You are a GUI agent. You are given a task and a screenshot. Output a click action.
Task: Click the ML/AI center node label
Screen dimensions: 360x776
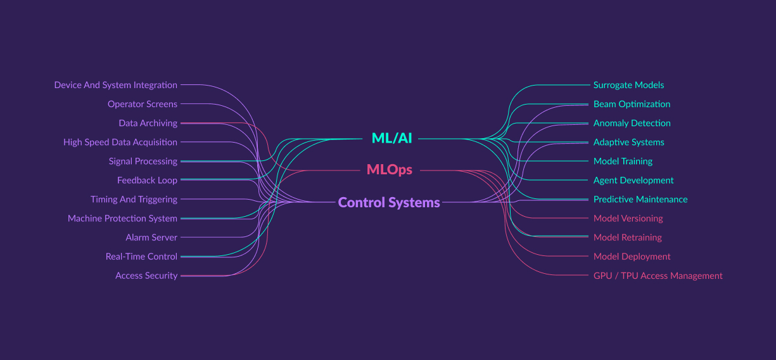391,138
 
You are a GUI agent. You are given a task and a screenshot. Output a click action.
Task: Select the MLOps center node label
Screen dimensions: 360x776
389,170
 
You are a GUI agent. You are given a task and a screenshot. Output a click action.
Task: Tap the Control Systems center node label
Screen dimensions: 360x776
389,203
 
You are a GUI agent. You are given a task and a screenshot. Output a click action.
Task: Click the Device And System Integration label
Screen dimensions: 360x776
116,85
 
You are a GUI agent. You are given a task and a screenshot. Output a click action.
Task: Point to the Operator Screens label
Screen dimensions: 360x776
143,104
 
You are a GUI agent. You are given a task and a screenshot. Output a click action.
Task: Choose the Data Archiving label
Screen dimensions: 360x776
148,123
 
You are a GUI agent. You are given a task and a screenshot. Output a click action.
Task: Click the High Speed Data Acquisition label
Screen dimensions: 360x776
120,142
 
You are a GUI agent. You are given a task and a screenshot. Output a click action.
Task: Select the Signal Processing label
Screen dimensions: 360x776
143,161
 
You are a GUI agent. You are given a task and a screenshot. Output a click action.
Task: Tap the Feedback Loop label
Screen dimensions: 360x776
147,180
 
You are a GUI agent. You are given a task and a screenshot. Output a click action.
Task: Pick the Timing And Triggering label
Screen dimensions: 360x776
134,199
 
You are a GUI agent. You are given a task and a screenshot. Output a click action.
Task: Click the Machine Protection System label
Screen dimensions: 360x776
122,218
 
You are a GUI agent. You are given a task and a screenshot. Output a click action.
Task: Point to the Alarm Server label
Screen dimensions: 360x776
151,237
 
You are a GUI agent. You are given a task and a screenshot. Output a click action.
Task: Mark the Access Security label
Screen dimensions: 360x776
146,276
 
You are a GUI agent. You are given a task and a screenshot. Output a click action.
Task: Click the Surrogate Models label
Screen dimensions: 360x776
628,85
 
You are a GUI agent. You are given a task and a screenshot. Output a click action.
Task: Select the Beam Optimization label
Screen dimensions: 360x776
632,104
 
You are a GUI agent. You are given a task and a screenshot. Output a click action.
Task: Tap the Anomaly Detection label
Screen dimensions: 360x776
632,123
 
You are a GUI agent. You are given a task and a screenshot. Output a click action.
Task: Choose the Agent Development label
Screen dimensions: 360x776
633,180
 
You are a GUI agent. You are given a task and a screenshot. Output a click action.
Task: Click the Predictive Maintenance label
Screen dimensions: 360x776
640,199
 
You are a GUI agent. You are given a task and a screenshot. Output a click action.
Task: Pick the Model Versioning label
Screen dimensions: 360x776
628,218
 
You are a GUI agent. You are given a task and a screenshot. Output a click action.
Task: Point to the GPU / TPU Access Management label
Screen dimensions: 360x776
658,276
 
